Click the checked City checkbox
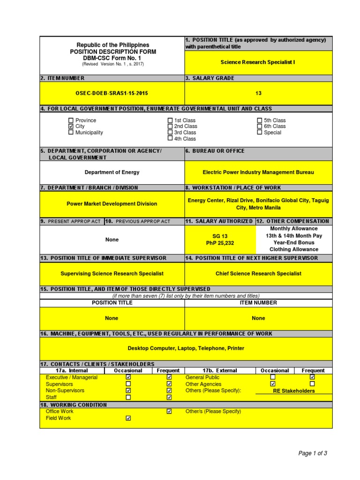[x=71, y=127]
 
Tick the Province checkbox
[x=71, y=120]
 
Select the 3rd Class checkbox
[x=170, y=133]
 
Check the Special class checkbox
[x=260, y=133]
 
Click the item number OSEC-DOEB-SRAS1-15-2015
[x=112, y=93]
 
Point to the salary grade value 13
[x=258, y=93]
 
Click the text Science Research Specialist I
[x=258, y=62]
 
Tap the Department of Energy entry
[x=112, y=172]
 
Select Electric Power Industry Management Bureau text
[x=258, y=172]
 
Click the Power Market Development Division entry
[x=112, y=204]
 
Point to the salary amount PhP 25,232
[x=220, y=243]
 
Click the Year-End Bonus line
[x=294, y=243]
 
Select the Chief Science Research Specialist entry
[x=258, y=273]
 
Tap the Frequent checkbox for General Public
[x=313, y=377]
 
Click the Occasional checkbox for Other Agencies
[x=273, y=384]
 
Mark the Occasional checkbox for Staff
[x=128, y=397]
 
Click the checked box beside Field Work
[x=128, y=418]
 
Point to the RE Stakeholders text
[x=294, y=391]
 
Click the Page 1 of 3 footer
[x=313, y=453]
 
